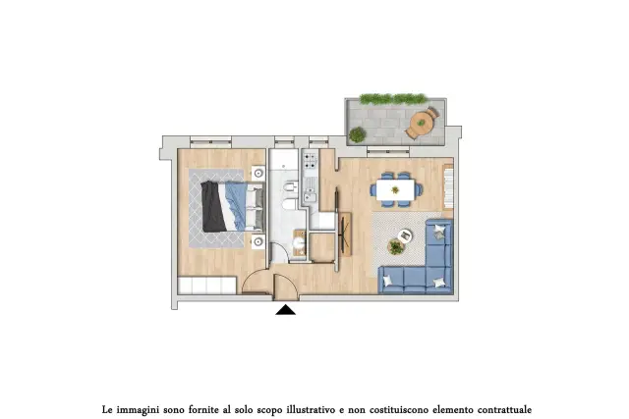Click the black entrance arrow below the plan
coord(286,310)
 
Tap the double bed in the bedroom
coord(233,206)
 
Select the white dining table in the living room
coord(395,189)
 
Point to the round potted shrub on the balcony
coord(357,134)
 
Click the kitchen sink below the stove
coord(310,193)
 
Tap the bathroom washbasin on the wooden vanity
coord(299,242)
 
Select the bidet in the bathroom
coord(290,187)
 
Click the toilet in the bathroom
coord(289,205)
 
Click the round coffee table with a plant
coord(396,246)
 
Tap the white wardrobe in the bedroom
coord(206,286)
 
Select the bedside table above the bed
coord(258,173)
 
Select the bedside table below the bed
coord(258,241)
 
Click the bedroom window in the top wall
coord(210,140)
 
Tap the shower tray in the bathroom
coord(284,160)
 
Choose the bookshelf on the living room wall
coord(448,187)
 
